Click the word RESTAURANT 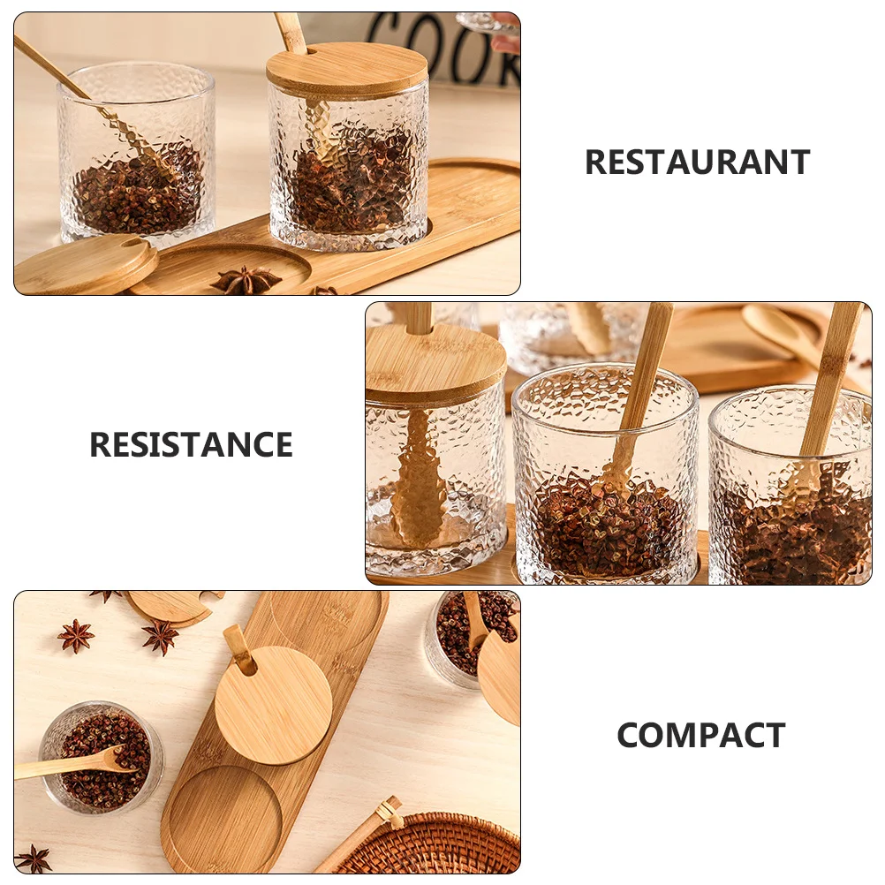click(x=697, y=163)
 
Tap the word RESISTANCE click(x=191, y=444)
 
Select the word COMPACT click(x=700, y=735)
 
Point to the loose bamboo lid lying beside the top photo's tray click(x=86, y=264)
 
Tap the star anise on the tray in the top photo click(x=246, y=280)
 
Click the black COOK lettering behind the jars click(x=433, y=44)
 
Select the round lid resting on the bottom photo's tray click(x=274, y=705)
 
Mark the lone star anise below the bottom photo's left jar click(x=34, y=858)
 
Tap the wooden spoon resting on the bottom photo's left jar click(x=71, y=763)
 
